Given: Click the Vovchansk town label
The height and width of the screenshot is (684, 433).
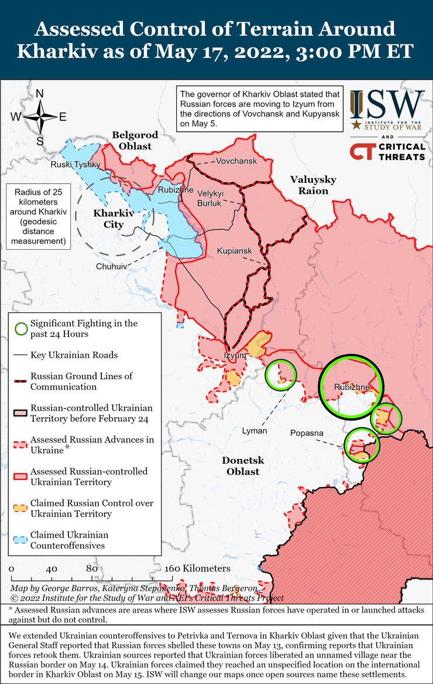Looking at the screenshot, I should click(236, 161).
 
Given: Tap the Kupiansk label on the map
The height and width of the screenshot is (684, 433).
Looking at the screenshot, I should click(234, 251).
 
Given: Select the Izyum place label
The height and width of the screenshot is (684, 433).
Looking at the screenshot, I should click(235, 355).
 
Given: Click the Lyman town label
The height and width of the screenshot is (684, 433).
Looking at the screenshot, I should click(255, 431).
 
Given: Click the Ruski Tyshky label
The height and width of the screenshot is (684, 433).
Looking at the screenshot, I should click(75, 165).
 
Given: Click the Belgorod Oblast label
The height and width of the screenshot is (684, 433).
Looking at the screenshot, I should click(132, 141).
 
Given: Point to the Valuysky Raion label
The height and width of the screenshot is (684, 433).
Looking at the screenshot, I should click(310, 185).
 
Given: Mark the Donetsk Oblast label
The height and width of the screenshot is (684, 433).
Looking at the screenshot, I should click(240, 465).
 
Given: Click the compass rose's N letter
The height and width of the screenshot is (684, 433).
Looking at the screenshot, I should click(40, 93).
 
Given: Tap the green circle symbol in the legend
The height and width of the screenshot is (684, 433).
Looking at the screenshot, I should click(21, 328).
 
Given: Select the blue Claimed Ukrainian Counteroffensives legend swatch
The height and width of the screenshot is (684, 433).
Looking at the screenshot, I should click(21, 540).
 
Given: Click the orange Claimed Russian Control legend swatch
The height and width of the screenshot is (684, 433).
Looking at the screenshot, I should click(21, 508).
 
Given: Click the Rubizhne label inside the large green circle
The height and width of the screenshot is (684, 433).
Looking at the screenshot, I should click(352, 387).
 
